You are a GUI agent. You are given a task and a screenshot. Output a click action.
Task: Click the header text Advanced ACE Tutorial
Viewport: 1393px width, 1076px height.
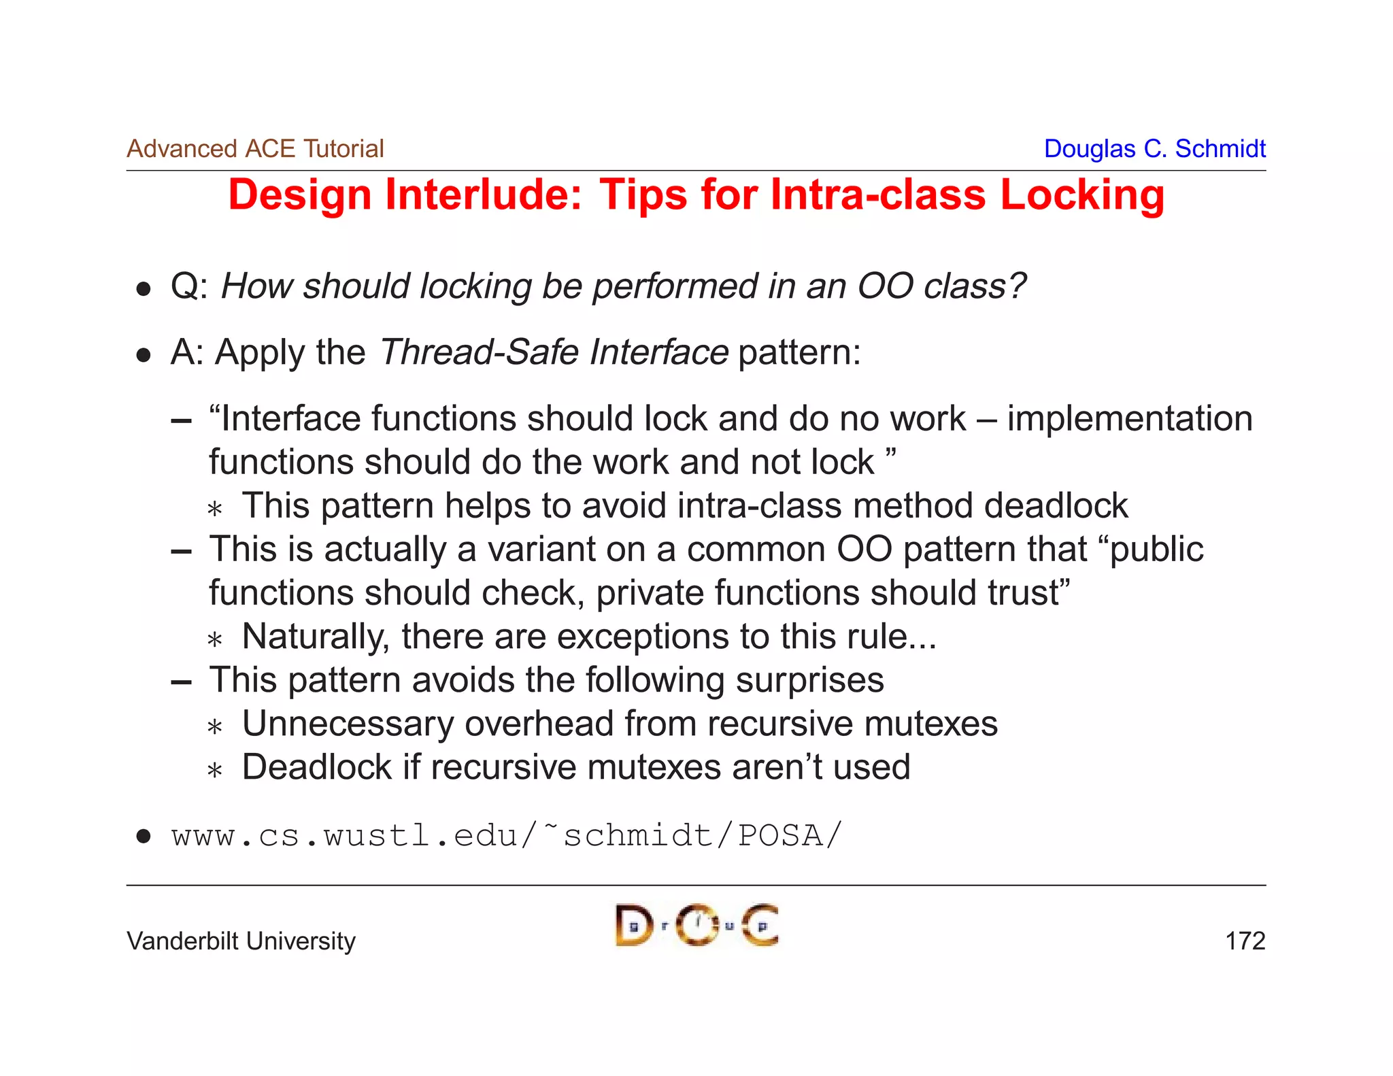pos(255,149)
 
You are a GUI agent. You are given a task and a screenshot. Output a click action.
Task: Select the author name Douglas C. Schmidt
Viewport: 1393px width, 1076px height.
pos(1154,149)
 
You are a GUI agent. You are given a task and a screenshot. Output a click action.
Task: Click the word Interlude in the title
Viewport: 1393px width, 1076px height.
pos(484,195)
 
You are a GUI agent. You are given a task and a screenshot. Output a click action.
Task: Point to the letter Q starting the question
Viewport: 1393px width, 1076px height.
pos(185,286)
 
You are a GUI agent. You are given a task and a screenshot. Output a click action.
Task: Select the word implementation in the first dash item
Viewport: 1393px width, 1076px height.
pos(1129,418)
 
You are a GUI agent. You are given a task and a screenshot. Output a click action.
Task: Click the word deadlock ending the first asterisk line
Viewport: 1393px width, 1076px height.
pos(1056,506)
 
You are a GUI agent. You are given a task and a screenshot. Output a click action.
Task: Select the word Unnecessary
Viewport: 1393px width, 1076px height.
pos(348,724)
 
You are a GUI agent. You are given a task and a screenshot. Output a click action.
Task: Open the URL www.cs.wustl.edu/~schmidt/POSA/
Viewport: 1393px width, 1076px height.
pos(507,835)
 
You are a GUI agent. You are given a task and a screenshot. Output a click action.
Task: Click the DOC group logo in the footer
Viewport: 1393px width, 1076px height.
pos(696,925)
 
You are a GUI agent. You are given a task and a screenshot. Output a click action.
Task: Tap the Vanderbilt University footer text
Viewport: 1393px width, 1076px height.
pos(241,941)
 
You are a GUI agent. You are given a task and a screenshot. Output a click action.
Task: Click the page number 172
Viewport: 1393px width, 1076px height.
pos(1245,941)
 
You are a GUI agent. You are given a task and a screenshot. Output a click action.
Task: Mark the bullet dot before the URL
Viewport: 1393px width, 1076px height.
pos(143,836)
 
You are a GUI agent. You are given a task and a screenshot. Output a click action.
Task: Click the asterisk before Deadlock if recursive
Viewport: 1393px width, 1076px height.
pos(215,770)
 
